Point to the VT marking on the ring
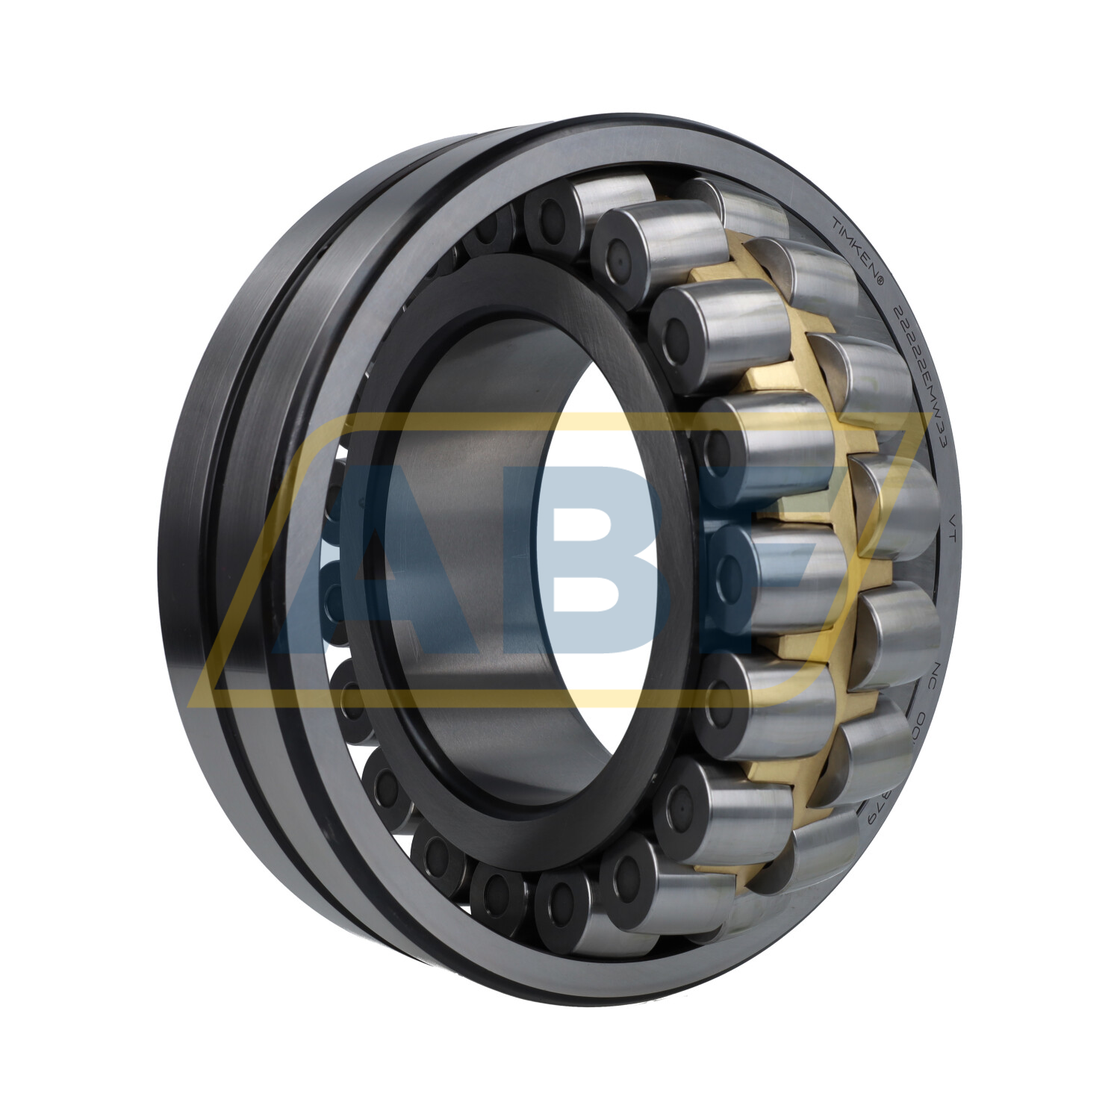coord(951,520)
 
